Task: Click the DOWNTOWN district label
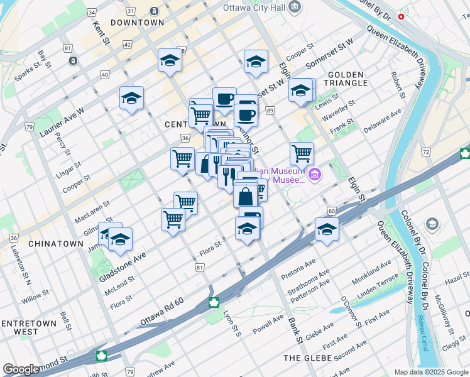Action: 137,22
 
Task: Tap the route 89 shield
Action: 270,111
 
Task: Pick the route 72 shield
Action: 426,152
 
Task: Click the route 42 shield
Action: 128,45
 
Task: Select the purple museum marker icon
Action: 315,174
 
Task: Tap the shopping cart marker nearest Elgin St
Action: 302,153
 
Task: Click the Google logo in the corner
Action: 21,369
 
